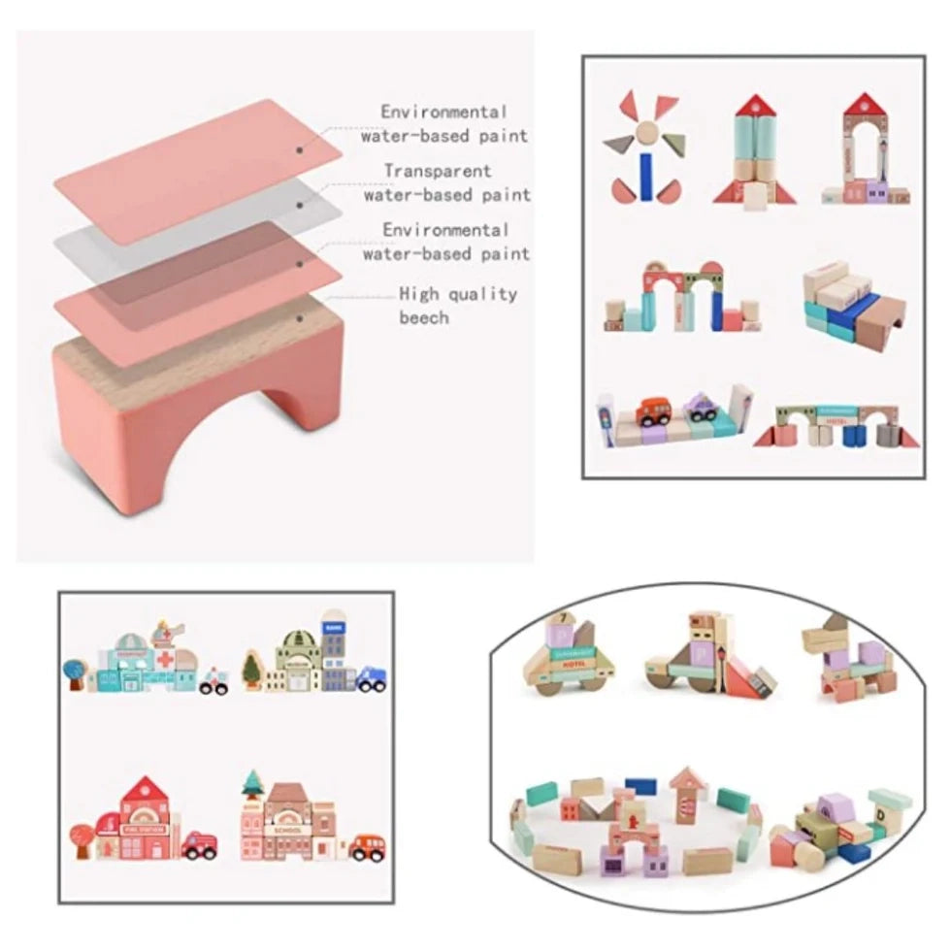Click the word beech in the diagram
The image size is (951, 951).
click(x=424, y=317)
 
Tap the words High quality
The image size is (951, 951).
click(x=458, y=294)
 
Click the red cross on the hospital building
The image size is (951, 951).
click(x=165, y=658)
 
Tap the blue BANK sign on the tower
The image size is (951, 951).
click(x=334, y=628)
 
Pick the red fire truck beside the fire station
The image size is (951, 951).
click(x=199, y=846)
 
